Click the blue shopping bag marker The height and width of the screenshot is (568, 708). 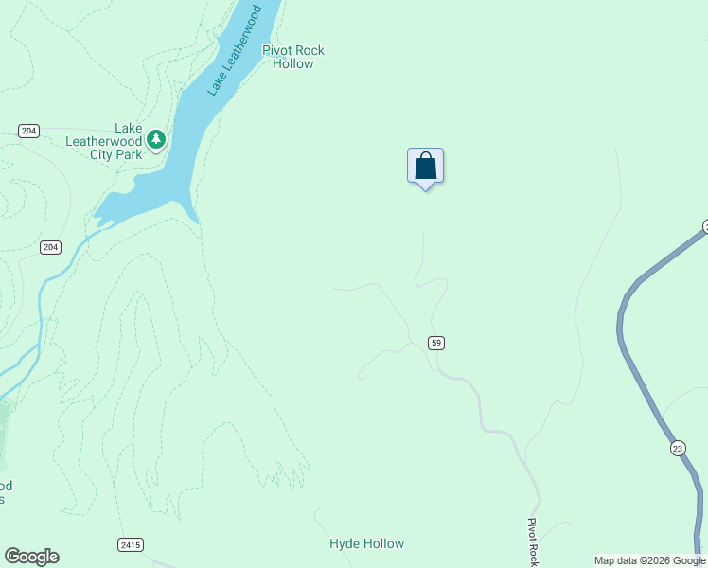[425, 167]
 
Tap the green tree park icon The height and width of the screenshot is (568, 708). [156, 140]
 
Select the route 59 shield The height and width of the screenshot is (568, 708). [435, 343]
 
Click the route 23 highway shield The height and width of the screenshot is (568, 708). [678, 448]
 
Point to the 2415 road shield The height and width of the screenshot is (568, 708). [131, 544]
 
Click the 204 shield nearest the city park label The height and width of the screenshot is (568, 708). [28, 131]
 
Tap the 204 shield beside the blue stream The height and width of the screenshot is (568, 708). [51, 247]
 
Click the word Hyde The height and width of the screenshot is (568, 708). [345, 543]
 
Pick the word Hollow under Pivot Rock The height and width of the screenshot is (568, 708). [292, 64]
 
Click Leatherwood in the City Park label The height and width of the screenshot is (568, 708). [103, 141]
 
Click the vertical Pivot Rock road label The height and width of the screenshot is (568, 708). [533, 543]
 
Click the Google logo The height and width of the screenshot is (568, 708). [31, 557]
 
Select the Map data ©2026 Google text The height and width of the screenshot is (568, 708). [649, 560]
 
